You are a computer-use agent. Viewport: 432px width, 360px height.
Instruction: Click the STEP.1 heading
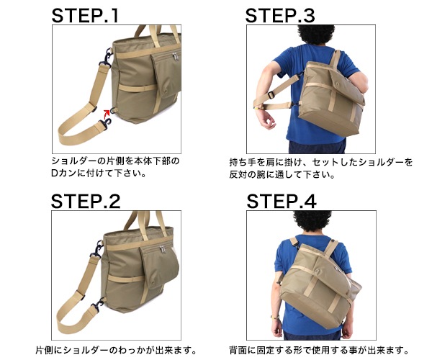[85, 15]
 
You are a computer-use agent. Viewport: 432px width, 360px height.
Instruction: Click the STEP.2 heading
[86, 202]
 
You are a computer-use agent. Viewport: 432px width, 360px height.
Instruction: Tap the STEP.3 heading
[280, 15]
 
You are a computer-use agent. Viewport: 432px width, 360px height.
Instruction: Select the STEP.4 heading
[282, 202]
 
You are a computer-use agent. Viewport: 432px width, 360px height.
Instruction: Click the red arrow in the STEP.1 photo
[107, 114]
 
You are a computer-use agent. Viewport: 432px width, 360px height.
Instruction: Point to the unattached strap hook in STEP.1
[107, 123]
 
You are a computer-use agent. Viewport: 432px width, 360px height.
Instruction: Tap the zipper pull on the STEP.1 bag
[175, 56]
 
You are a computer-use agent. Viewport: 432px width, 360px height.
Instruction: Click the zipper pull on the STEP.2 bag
[163, 249]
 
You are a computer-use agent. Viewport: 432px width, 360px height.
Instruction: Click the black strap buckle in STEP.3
[271, 95]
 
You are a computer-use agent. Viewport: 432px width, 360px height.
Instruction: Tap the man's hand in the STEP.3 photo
[266, 120]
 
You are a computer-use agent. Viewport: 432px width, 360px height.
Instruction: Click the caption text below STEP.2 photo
[116, 351]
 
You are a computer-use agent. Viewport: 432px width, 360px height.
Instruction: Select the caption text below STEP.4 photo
[319, 351]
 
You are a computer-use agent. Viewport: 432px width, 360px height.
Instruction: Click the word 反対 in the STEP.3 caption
[238, 175]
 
